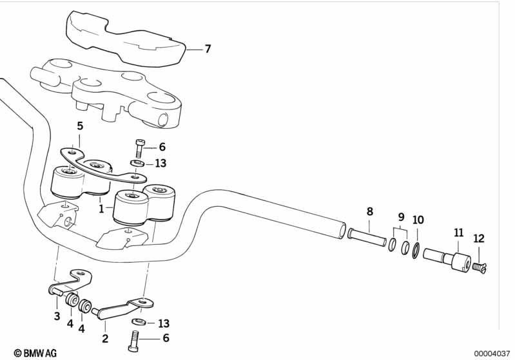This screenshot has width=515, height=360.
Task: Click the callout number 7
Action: coord(208,49)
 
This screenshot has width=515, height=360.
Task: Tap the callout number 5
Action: coord(80,126)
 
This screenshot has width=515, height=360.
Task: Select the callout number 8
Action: coord(370,212)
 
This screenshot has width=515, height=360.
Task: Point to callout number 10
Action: coord(418,220)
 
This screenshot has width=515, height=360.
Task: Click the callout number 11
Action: coord(458,232)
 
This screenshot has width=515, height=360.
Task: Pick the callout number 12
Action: coord(479,238)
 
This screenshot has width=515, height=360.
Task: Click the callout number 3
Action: coord(57,316)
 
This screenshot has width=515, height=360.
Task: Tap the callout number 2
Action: coord(105,338)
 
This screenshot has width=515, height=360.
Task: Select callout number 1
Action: coord(101,209)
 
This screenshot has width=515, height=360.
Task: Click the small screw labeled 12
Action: coord(480,268)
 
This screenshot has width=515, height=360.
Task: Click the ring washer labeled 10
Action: coord(416,251)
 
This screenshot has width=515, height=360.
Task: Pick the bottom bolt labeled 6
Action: coord(134,341)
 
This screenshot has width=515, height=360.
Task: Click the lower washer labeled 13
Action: coord(139,321)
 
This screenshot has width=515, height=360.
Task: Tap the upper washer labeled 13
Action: coord(137,163)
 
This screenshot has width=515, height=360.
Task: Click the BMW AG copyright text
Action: coord(35,353)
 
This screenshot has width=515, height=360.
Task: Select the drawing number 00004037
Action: coord(492,354)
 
